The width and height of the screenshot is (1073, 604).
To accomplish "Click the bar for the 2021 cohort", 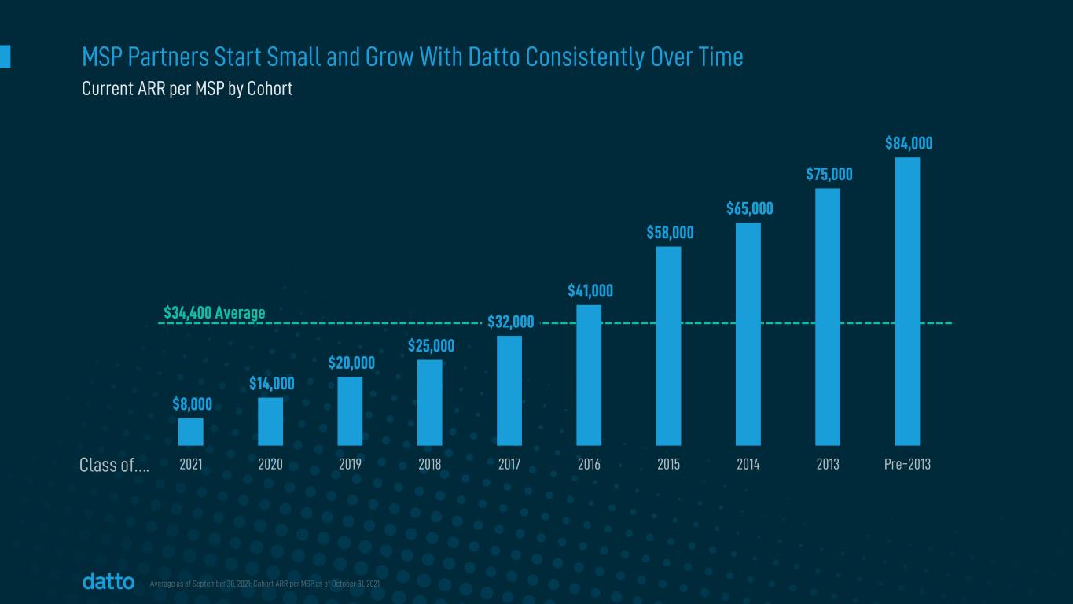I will click(x=191, y=432).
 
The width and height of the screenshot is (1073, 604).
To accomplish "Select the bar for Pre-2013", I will click(x=907, y=301).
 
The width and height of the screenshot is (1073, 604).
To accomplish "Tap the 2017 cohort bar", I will click(x=509, y=390).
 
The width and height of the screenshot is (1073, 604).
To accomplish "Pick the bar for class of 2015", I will click(x=668, y=346).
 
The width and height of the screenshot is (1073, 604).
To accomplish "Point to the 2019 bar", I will click(x=350, y=411).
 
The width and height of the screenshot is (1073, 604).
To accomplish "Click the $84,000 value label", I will click(x=909, y=143).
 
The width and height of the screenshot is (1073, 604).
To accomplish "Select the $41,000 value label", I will click(x=590, y=291).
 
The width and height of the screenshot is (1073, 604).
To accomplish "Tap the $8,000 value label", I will click(x=193, y=404).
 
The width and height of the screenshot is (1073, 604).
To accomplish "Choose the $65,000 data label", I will click(x=749, y=208).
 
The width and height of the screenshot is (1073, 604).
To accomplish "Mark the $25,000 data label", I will click(x=431, y=346).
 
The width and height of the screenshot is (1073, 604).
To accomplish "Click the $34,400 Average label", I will click(x=215, y=313).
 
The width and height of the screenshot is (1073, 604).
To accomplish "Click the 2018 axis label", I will click(x=429, y=465).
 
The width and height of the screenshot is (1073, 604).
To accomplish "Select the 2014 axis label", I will click(x=748, y=465).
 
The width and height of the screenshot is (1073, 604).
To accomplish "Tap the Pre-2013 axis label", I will click(x=907, y=465).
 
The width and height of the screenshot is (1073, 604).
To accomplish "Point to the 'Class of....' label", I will click(x=115, y=466).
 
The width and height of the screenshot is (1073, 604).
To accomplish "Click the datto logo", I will click(x=108, y=582).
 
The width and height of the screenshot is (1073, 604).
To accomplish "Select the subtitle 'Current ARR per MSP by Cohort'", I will click(x=187, y=89).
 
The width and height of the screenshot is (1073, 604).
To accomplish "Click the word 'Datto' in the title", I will click(x=549, y=57).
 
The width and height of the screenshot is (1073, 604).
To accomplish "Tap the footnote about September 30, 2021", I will click(x=265, y=584).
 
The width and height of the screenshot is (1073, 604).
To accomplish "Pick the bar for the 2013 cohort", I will click(x=828, y=316).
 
